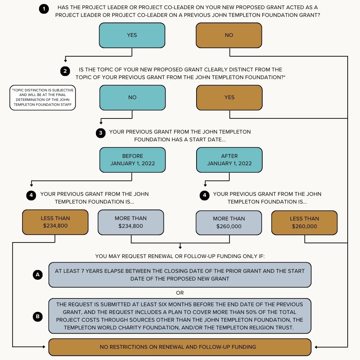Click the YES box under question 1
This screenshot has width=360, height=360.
pyautogui.click(x=132, y=35)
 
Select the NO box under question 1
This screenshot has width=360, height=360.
pyautogui.click(x=229, y=35)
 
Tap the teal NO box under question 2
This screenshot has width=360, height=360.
pyautogui.click(x=132, y=97)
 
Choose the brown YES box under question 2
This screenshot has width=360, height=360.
pyautogui.click(x=229, y=97)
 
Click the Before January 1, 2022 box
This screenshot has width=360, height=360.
pyautogui.click(x=132, y=160)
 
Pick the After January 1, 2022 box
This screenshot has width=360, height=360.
pyautogui.click(x=229, y=160)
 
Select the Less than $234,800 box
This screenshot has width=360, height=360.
pyautogui.click(x=55, y=222)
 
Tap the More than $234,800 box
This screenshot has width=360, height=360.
pyautogui.click(x=130, y=222)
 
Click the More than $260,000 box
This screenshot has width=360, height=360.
pyautogui.click(x=229, y=223)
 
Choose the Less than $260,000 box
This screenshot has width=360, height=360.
pyautogui.click(x=304, y=223)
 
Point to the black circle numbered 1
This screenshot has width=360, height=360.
pyautogui.click(x=44, y=9)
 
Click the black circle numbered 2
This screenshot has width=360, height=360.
pyautogui.click(x=65, y=71)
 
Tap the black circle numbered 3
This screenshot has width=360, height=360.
pyautogui.click(x=101, y=133)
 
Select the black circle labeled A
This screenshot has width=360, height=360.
pyautogui.click(x=38, y=275)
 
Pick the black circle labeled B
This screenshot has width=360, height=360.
pyautogui.click(x=38, y=316)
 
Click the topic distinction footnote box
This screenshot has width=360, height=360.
pyautogui.click(x=43, y=97)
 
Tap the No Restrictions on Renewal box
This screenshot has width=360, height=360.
pyautogui.click(x=180, y=347)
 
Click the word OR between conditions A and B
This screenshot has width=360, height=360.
pyautogui.click(x=180, y=293)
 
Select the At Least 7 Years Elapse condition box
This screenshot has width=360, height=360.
pyautogui.click(x=180, y=275)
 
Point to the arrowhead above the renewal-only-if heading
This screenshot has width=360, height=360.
pyautogui.click(x=180, y=247)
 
